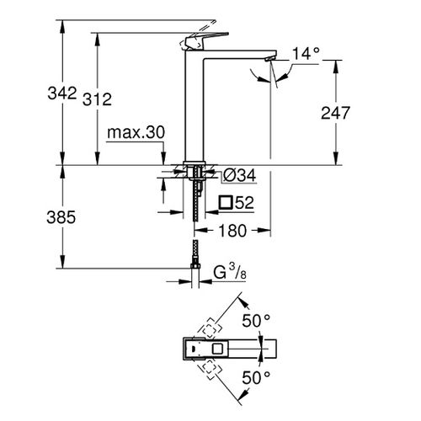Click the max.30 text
(x=136, y=133)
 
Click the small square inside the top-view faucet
(x=218, y=348)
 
